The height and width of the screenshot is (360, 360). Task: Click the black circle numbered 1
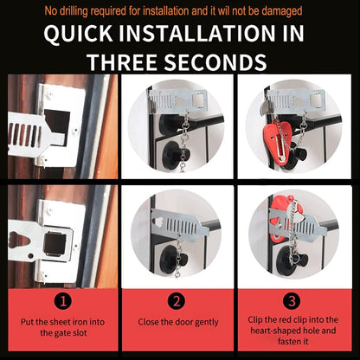click(61, 302)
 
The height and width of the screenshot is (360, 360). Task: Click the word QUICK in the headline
click(84, 35)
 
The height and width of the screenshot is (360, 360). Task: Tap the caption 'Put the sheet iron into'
click(61, 321)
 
